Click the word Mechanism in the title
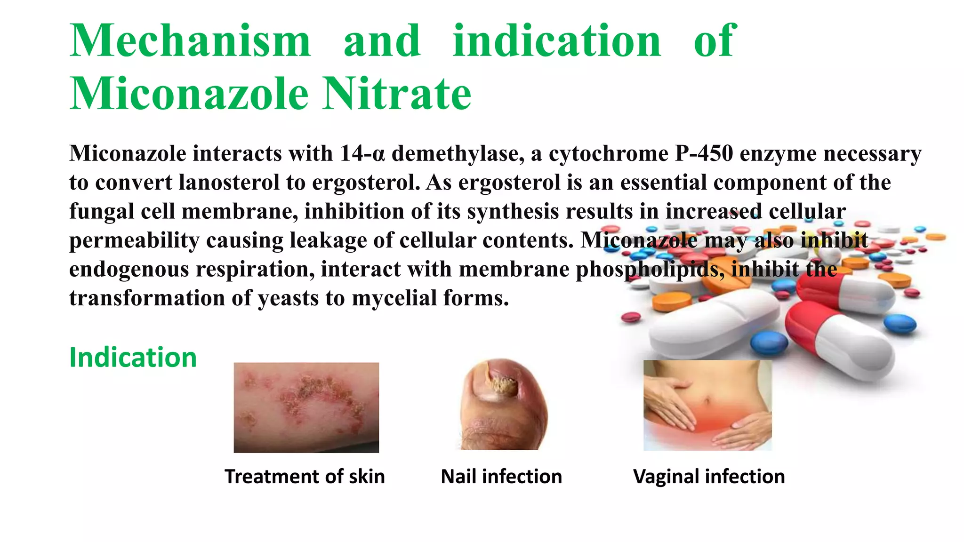(x=190, y=41)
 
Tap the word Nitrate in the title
(x=397, y=94)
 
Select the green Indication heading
(x=133, y=358)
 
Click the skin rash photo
(x=306, y=407)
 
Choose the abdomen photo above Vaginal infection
(x=707, y=405)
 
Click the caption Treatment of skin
(x=305, y=477)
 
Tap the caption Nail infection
(x=501, y=477)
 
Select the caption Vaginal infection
(x=709, y=477)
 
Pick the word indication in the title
(x=557, y=41)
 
